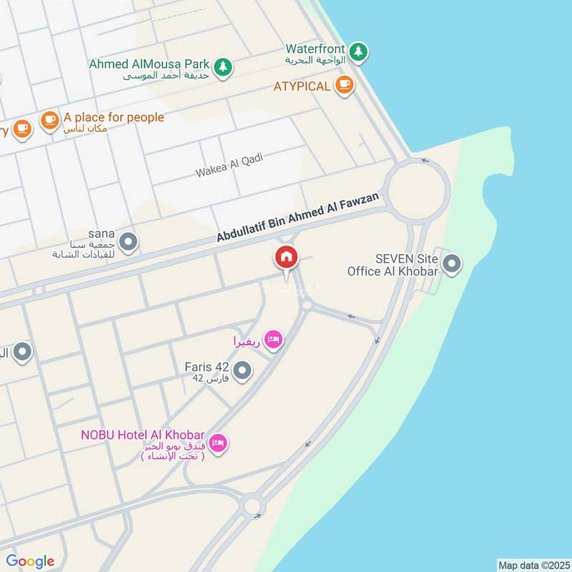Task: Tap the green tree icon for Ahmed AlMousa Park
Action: (224, 66)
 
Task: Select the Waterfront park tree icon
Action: (359, 51)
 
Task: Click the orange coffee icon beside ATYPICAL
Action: (344, 86)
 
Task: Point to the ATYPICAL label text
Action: (302, 87)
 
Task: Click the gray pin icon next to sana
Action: (129, 242)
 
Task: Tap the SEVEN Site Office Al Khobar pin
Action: (451, 265)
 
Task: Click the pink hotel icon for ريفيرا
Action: (272, 340)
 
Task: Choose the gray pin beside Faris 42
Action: (243, 370)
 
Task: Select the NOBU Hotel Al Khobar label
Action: (143, 435)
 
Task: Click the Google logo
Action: (30, 561)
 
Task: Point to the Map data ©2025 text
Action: (533, 565)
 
